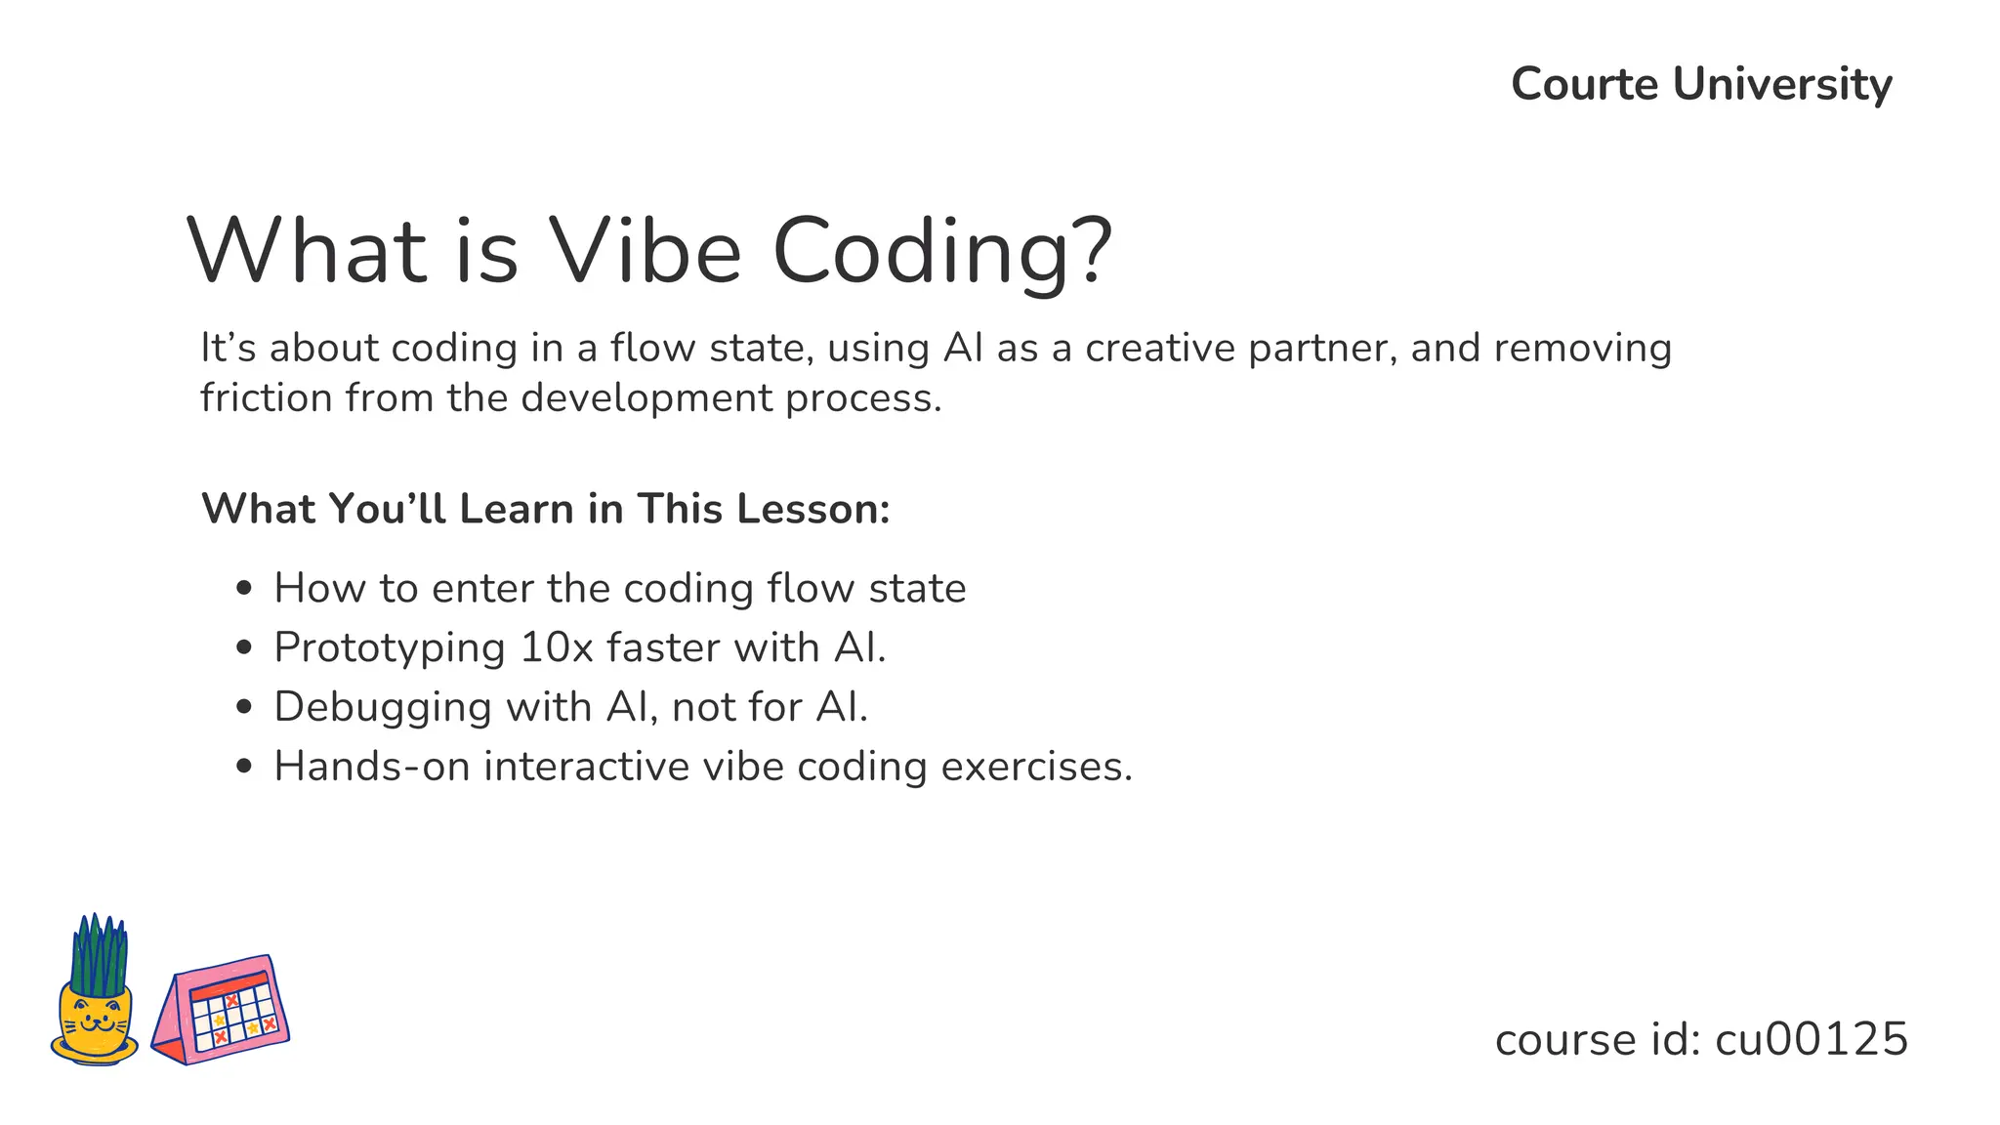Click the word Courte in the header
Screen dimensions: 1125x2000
tap(1584, 84)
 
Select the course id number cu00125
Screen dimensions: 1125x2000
tap(1811, 1039)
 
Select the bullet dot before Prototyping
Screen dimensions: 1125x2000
tap(244, 648)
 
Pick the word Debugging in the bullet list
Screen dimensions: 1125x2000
tap(382, 708)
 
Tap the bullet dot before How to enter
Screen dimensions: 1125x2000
tap(244, 589)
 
